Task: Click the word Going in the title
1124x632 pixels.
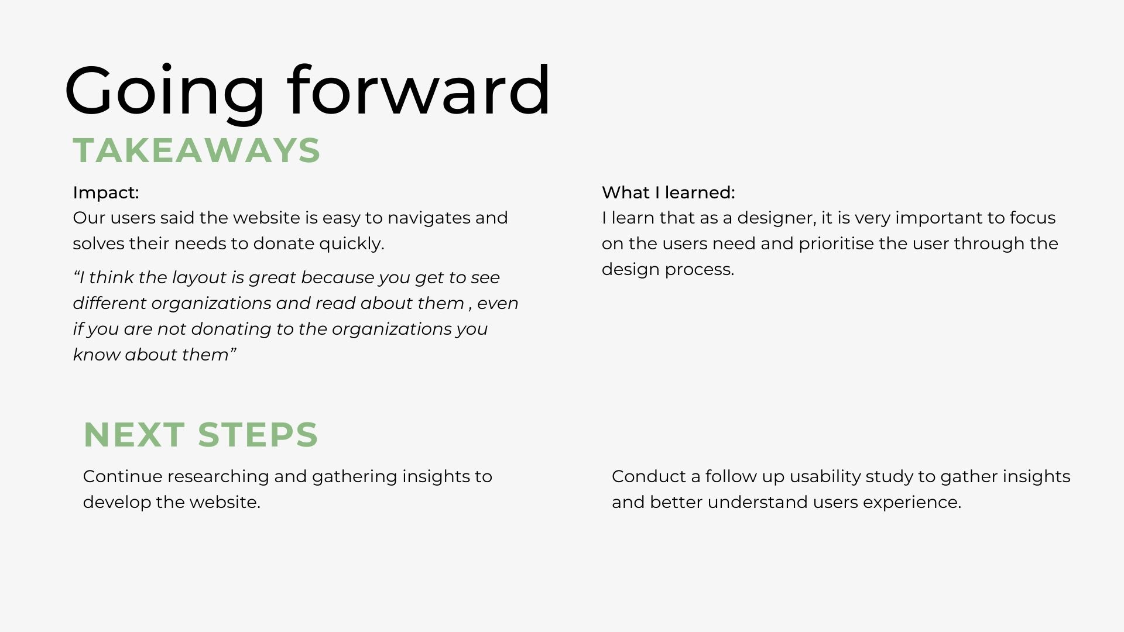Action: click(165, 92)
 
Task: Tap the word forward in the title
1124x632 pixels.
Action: click(419, 89)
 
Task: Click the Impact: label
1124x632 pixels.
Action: click(106, 193)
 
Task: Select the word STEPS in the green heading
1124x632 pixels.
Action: click(258, 435)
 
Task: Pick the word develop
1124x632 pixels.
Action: click(117, 502)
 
